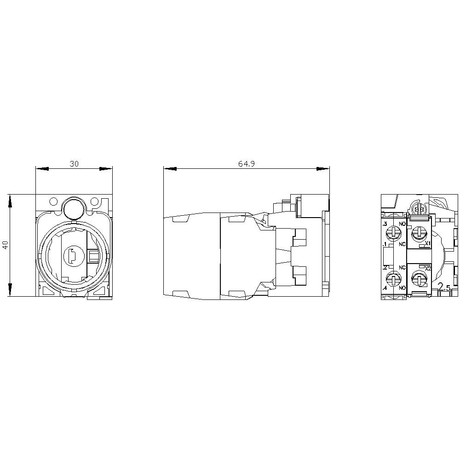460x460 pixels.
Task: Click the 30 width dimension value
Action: click(x=74, y=164)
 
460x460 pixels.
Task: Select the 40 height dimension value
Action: click(x=5, y=245)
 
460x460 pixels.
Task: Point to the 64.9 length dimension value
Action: click(x=246, y=164)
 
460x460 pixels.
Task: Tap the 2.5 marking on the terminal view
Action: click(x=445, y=288)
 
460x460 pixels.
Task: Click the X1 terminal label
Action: click(x=427, y=243)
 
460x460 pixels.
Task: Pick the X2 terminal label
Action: click(x=427, y=268)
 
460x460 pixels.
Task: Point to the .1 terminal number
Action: click(x=384, y=244)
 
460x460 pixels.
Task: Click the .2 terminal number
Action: click(x=384, y=268)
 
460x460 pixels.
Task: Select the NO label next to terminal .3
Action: click(x=402, y=224)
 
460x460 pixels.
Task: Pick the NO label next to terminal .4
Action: click(x=402, y=288)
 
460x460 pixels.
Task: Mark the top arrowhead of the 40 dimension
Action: click(x=9, y=200)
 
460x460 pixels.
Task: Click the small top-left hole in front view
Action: click(x=54, y=201)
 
